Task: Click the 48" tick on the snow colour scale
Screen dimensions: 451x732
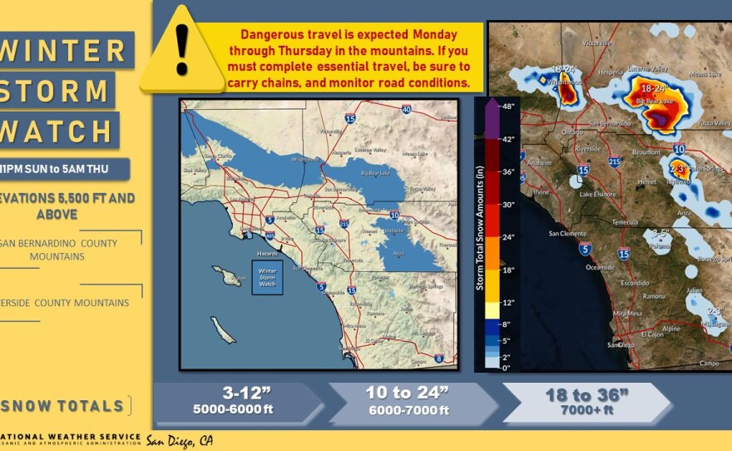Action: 507,107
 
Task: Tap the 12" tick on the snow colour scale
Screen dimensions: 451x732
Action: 507,302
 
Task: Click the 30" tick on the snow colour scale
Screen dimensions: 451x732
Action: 507,205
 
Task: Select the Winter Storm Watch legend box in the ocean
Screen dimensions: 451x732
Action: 267,278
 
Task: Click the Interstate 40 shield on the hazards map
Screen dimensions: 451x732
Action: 406,109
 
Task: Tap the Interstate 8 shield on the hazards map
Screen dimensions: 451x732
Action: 438,359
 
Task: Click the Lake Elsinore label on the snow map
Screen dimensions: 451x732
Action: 598,194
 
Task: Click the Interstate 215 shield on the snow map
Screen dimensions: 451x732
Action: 614,162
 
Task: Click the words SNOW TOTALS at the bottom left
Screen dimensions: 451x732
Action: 66,406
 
